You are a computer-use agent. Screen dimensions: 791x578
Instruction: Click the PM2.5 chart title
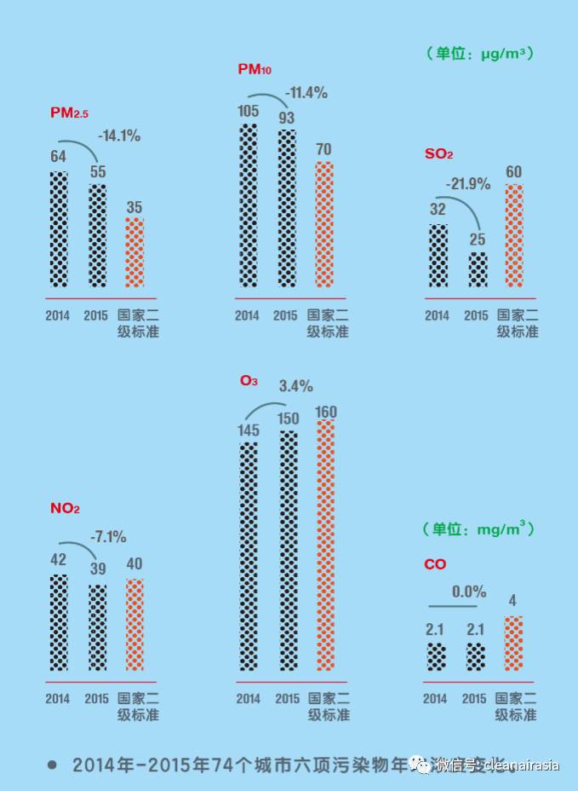(69, 113)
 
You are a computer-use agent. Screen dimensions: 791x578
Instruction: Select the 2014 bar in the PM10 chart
(247, 205)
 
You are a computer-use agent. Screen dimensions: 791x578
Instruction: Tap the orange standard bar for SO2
(513, 236)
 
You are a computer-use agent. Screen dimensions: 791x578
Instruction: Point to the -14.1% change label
(119, 135)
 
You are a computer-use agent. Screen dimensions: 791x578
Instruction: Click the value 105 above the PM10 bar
(247, 111)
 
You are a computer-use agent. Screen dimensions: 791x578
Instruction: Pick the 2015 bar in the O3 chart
(288, 551)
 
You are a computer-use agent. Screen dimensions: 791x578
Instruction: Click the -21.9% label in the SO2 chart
(468, 183)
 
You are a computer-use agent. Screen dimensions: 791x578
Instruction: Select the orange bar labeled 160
(325, 546)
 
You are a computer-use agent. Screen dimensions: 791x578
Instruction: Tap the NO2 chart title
(65, 509)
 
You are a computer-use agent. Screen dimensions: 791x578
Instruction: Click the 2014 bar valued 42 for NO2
(58, 622)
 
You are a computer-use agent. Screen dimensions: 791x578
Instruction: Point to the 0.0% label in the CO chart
(469, 591)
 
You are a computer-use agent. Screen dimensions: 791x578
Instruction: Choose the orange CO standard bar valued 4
(513, 644)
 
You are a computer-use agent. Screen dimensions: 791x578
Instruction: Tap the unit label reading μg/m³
(481, 53)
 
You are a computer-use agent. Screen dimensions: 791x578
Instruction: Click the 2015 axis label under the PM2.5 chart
(96, 315)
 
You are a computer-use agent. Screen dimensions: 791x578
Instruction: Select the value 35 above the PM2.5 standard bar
(134, 206)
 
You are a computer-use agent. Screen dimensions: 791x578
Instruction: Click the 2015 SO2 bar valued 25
(478, 269)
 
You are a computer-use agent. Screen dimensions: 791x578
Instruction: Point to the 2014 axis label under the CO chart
(435, 699)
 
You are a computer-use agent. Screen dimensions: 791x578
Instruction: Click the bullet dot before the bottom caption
(52, 765)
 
